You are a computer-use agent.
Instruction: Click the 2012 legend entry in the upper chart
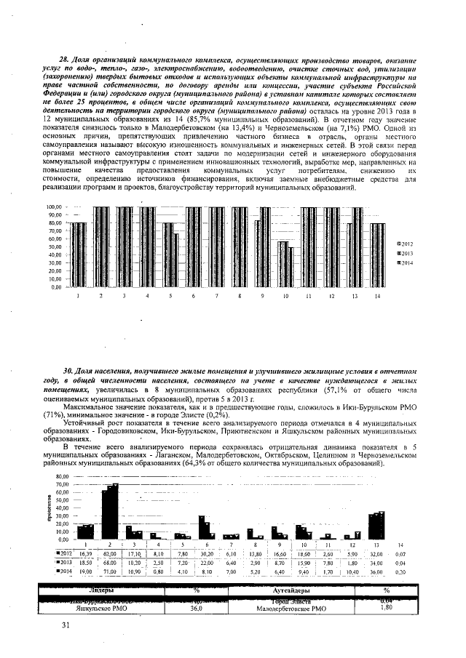coord(404,243)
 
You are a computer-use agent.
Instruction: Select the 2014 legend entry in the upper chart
coord(404,262)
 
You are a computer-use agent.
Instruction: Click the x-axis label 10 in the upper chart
coord(285,297)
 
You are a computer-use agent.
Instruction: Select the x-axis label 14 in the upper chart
coord(377,297)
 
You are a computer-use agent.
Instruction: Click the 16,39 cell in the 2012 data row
coord(86,554)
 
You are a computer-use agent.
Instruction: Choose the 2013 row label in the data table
coord(64,563)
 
